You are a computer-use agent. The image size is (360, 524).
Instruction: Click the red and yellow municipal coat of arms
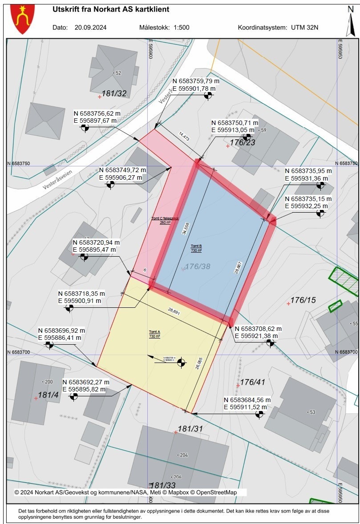(x=20, y=19)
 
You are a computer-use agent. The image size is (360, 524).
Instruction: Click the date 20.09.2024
(x=90, y=27)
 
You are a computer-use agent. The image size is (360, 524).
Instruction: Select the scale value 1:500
(x=182, y=27)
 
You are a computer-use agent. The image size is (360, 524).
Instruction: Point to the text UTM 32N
(x=305, y=27)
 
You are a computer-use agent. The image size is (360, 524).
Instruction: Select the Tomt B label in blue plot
(x=196, y=248)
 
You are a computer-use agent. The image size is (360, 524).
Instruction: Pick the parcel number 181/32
(x=114, y=93)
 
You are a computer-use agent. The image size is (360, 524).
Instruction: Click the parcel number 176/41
(x=253, y=382)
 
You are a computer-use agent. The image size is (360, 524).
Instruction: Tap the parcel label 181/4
(x=45, y=395)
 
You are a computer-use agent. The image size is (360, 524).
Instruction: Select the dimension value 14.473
(x=184, y=136)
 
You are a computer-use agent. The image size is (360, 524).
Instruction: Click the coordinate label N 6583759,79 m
(x=196, y=81)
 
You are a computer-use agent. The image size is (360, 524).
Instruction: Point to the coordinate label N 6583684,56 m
(x=247, y=399)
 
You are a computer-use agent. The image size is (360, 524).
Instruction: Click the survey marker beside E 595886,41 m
(x=49, y=345)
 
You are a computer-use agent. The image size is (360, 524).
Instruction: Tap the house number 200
(x=48, y=382)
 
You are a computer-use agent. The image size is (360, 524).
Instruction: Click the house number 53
(x=312, y=412)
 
